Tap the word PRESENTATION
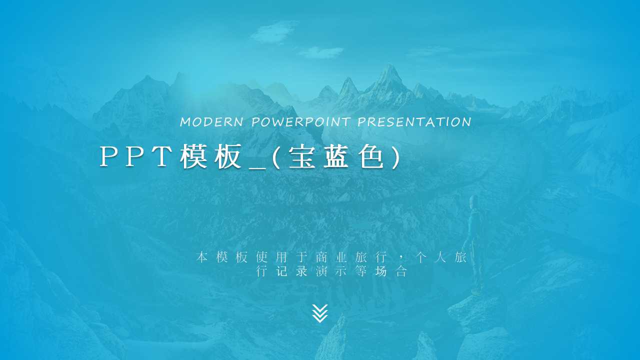(x=414, y=122)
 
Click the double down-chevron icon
(x=319, y=313)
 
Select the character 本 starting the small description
(x=201, y=257)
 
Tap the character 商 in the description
(x=321, y=257)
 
